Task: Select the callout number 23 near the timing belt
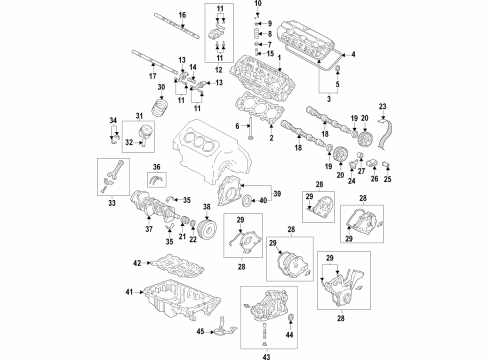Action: click(382, 107)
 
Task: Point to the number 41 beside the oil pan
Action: click(128, 292)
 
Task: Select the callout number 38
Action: click(206, 208)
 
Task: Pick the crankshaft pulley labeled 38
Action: click(207, 226)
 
